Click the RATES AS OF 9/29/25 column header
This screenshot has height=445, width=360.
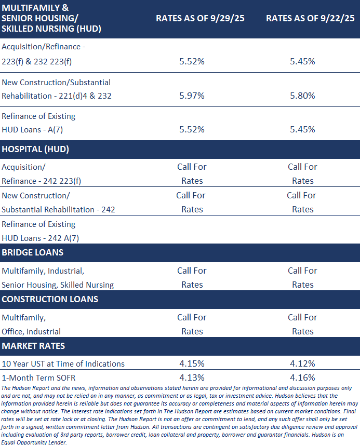point(200,18)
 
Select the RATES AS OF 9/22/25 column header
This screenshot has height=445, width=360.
point(310,18)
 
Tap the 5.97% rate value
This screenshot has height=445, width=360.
point(192,96)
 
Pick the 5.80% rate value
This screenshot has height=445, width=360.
point(302,96)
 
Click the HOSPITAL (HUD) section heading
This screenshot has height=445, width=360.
point(35,149)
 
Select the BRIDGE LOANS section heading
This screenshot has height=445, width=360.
point(33,252)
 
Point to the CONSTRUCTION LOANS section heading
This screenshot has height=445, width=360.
point(50,299)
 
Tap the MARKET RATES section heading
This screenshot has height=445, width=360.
point(33,346)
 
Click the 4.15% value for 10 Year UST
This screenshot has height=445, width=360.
point(192,364)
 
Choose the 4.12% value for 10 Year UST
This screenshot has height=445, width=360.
point(302,364)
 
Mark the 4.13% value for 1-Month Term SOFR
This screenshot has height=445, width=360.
point(192,377)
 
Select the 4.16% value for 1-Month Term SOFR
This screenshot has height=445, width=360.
point(302,377)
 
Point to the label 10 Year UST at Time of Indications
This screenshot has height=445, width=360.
point(63,364)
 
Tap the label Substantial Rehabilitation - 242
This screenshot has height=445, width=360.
point(58,210)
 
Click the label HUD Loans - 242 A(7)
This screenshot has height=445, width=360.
point(40,238)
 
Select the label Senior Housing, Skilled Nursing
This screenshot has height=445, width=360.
point(58,285)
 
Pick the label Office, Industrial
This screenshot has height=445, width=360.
point(31,332)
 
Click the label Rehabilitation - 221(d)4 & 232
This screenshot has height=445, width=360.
point(57,96)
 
